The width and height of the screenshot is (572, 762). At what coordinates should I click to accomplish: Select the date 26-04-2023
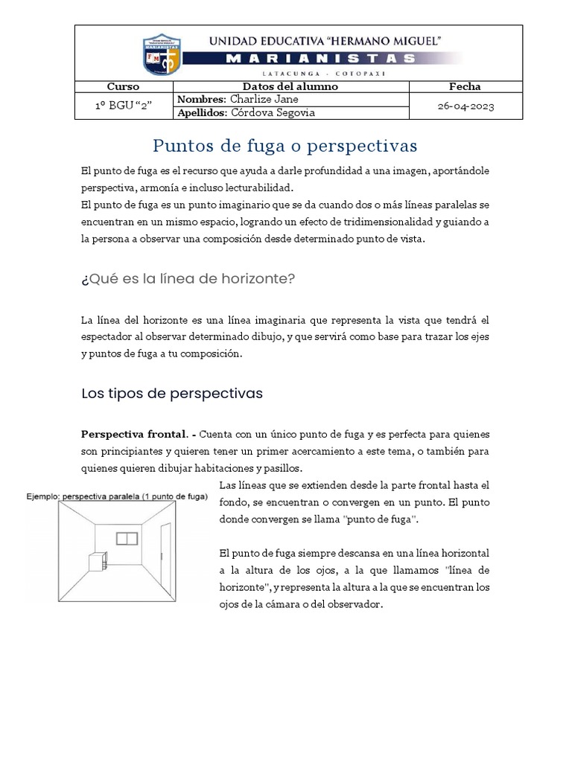[465, 106]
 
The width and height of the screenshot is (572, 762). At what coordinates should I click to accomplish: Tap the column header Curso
[124, 86]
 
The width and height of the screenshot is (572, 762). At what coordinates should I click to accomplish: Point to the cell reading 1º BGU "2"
[124, 106]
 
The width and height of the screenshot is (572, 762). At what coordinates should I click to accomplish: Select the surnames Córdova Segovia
[273, 112]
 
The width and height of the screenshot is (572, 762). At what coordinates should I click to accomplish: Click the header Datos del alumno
[291, 86]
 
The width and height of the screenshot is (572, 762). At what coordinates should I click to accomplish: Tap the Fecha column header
[465, 86]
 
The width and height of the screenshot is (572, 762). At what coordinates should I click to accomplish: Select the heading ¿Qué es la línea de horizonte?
[188, 279]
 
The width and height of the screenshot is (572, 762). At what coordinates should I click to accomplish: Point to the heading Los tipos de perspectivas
[171, 394]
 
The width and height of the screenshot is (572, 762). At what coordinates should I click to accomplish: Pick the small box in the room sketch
[98, 561]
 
